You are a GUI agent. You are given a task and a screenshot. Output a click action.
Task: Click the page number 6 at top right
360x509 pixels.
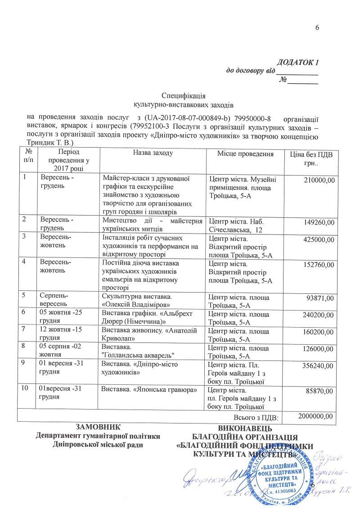(317, 28)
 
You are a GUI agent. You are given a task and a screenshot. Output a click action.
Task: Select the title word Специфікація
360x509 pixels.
(183, 95)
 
